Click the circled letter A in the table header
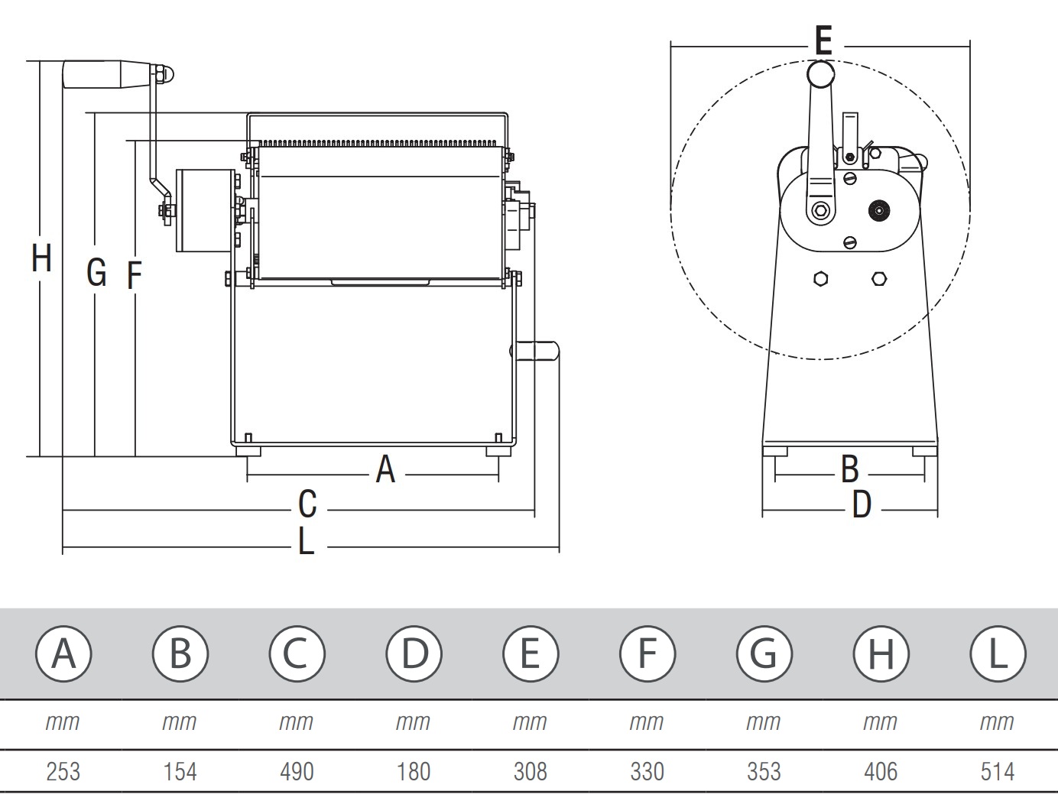pos(63,653)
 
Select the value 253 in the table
pos(63,771)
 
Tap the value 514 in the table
pos(998,771)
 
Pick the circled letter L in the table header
pos(998,653)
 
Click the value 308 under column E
pos(530,771)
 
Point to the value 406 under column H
pos(881,771)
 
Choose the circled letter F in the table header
pos(647,653)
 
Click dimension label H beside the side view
pos(41,258)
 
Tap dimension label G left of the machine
pos(96,272)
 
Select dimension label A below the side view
pos(385,469)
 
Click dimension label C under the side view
pos(307,505)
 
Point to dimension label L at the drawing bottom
pos(306,542)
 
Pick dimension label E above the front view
pos(823,41)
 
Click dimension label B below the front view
pos(849,469)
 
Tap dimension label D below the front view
pos(862,505)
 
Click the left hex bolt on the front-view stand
pos(820,279)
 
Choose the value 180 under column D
pos(413,771)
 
